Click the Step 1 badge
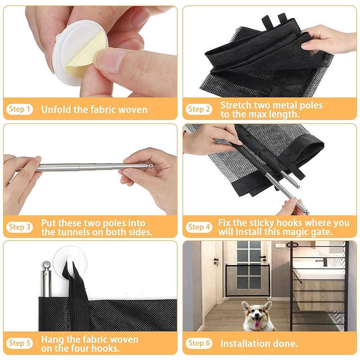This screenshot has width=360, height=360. pos(19,109)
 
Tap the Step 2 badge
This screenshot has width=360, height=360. pos(199,109)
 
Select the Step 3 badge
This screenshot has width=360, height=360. pos(19,227)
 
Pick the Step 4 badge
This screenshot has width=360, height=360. pos(199,227)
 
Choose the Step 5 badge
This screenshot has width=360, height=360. pos(19,343)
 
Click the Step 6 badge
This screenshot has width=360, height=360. pos(199,343)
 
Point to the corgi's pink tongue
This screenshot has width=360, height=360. pos(257,323)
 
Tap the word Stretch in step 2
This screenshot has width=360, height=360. pos(235,105)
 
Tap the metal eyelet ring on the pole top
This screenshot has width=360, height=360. pos(46,264)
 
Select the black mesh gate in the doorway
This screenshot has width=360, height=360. pos(248,280)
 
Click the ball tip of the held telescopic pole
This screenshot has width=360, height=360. pos(150,166)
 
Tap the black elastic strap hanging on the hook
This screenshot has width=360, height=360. pos(77,296)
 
